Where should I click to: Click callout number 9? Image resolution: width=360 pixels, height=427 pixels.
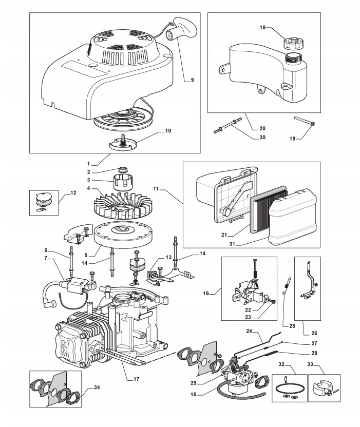coord(192,80)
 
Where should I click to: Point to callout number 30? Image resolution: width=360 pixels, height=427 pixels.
coord(262,137)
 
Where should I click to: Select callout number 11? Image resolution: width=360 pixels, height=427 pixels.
coord(156,188)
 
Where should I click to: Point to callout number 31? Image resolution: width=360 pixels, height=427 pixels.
coord(232,244)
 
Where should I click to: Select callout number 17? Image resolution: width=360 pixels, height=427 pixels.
coord(136,379)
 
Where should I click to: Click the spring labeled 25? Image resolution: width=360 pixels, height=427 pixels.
coord(287,285)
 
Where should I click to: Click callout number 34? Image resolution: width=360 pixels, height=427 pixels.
coord(97,387)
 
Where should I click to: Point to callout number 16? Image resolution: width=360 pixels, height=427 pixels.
coord(206,293)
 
